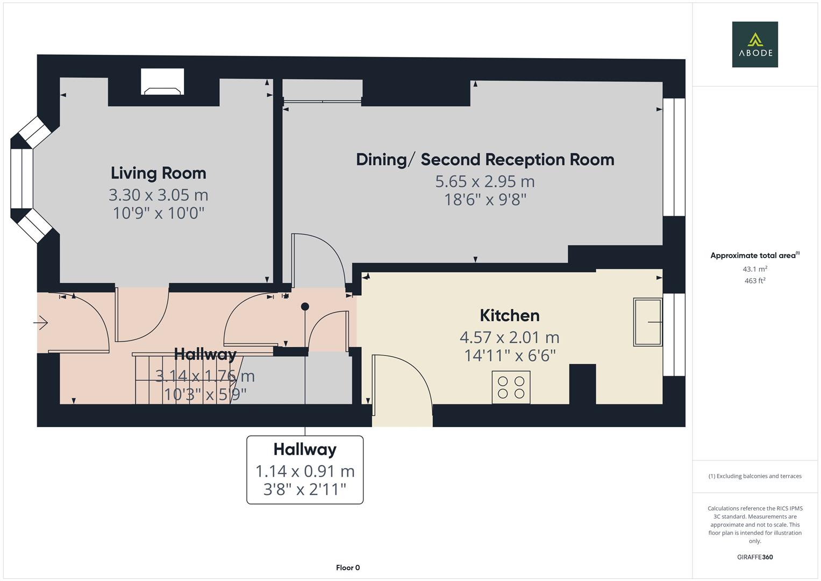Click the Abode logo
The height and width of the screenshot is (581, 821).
click(x=754, y=45)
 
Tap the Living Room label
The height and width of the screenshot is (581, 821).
click(x=158, y=173)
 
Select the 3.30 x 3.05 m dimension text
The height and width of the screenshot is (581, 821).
click(x=158, y=195)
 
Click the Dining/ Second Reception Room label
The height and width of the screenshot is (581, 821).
click(x=485, y=160)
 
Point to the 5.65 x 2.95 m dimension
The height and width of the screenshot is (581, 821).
click(x=485, y=182)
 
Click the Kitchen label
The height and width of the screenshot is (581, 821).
click(x=509, y=315)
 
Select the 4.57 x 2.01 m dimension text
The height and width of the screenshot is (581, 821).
click(x=509, y=337)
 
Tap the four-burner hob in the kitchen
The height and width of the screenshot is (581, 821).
click(x=511, y=387)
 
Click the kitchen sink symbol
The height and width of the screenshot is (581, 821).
click(x=647, y=322)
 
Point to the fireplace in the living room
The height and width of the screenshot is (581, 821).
click(x=162, y=82)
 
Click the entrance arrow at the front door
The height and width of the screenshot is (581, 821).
click(x=41, y=323)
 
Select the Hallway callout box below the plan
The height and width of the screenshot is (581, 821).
click(x=305, y=470)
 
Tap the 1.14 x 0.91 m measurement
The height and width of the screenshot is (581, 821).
click(x=305, y=471)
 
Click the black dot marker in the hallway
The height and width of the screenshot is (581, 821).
click(x=305, y=307)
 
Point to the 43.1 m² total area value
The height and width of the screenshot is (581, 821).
click(x=754, y=269)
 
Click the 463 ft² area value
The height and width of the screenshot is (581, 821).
click(x=754, y=281)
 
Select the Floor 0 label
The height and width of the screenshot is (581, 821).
click(x=348, y=568)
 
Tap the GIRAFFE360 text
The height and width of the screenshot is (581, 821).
click(x=754, y=557)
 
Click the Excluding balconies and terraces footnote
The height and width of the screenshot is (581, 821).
click(x=754, y=476)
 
